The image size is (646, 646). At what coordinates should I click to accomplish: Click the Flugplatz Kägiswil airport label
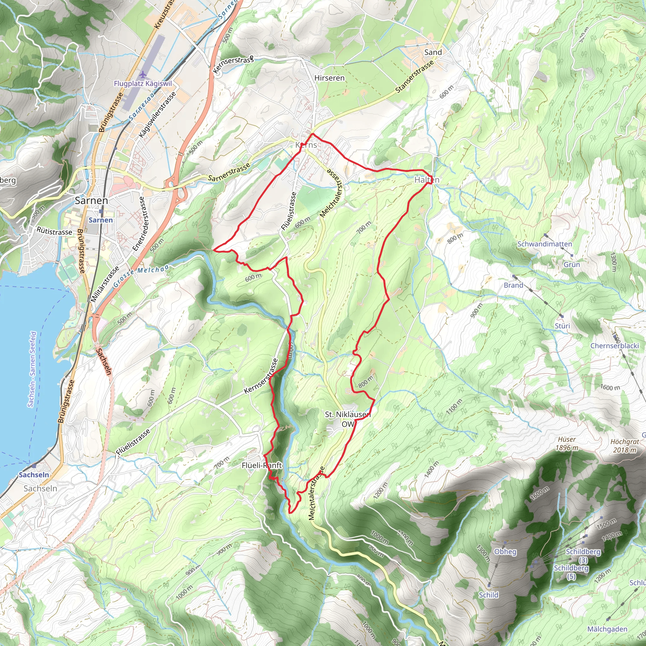click(x=143, y=84)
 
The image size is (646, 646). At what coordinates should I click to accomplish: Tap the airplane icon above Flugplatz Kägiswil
click(x=143, y=73)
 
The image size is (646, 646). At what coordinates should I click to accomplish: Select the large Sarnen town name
click(x=91, y=201)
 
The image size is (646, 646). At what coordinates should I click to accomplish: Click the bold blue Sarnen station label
click(x=101, y=220)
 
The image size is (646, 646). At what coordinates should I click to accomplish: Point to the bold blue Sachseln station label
click(x=34, y=475)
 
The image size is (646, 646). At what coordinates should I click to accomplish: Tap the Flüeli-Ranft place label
click(x=262, y=466)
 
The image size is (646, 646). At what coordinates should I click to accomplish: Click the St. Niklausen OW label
click(x=348, y=419)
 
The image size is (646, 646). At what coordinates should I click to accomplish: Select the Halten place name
click(x=427, y=180)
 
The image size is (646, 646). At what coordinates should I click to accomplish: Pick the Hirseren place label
click(x=329, y=78)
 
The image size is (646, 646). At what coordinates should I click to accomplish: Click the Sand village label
click(x=433, y=52)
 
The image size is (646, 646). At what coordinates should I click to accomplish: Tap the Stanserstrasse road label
click(x=414, y=77)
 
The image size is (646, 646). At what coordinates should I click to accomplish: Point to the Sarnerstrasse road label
click(x=229, y=172)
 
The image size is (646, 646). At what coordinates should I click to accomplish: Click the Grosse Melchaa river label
click(x=141, y=275)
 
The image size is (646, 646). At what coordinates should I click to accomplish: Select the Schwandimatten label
click(x=545, y=244)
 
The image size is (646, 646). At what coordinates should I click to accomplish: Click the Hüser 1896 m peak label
click(x=567, y=444)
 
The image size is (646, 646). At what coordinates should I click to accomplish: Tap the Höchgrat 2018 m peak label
click(x=625, y=446)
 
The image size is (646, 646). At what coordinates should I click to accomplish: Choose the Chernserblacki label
click(x=614, y=346)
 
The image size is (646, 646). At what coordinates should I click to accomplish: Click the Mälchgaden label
click(x=607, y=629)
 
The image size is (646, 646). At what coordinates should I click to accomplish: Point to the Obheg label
click(x=505, y=552)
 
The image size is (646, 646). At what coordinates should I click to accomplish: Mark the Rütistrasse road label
click(x=54, y=232)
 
